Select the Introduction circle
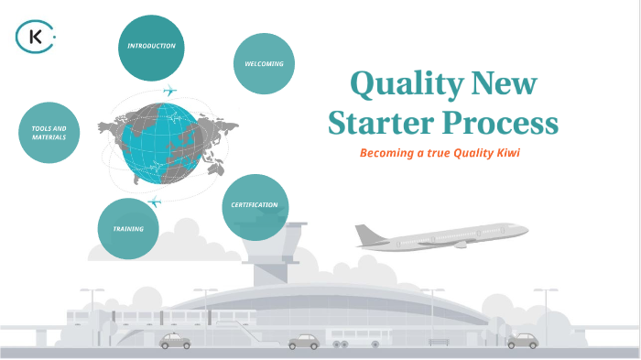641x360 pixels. tap(151, 46)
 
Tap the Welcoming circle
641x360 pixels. tap(264, 64)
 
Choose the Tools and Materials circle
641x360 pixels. tap(49, 132)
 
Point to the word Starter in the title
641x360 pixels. tap(378, 123)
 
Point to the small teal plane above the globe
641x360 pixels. tap(169, 91)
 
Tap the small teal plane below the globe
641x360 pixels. tap(154, 201)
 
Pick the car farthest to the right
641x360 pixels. tap(522, 341)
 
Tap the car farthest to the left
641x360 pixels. tap(175, 341)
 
